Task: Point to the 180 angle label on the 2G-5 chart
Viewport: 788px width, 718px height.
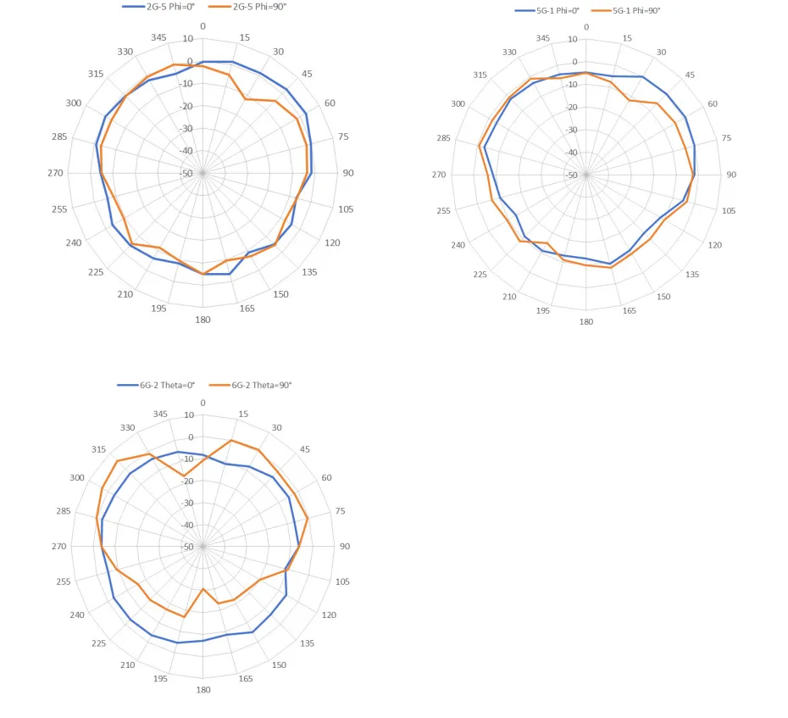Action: coord(203,320)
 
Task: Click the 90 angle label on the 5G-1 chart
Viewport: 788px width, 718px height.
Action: coord(730,175)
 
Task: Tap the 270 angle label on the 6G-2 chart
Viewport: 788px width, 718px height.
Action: coord(58,547)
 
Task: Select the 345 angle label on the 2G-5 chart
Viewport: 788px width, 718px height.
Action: coord(158,36)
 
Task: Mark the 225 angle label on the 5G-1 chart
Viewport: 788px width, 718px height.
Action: coord(480,274)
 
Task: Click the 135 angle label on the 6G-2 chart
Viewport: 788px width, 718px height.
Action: coord(306,643)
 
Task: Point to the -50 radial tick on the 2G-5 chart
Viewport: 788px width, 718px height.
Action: coord(186,174)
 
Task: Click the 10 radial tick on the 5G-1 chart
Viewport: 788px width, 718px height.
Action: coord(572,39)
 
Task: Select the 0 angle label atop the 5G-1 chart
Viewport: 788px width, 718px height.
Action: coord(585,27)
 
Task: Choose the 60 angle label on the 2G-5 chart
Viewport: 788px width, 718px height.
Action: coord(329,103)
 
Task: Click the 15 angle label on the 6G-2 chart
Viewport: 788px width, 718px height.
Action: coord(244,415)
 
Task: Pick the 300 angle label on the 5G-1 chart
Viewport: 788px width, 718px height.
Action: coord(458,103)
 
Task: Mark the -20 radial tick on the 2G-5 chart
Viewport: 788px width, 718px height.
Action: coord(186,106)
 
